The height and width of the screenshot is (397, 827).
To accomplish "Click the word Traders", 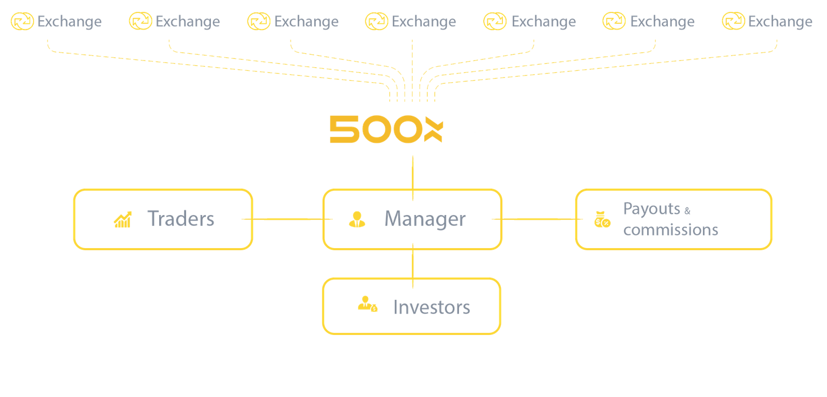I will [181, 219].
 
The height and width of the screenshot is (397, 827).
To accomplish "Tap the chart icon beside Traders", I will [122, 219].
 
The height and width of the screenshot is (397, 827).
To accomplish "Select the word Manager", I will [425, 219].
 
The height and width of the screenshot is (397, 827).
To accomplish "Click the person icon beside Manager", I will [357, 219].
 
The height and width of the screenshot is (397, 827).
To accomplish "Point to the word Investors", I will [431, 307].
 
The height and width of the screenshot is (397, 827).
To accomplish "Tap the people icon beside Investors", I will [367, 304].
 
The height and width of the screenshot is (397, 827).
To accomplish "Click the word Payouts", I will [651, 209].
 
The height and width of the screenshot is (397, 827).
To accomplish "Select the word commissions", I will [670, 230].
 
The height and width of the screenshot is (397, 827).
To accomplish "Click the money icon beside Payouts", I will [602, 219].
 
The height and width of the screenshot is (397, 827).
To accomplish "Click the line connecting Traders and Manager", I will [287, 219].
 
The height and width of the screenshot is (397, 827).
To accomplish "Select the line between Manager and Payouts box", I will [538, 219].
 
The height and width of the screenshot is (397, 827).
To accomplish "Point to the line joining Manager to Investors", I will [412, 264].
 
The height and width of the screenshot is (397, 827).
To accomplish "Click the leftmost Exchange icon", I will [22, 22].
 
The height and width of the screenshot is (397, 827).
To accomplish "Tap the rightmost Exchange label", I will [780, 22].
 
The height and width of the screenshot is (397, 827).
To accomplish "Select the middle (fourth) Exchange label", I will [424, 22].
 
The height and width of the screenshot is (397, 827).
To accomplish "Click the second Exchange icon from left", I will [140, 22].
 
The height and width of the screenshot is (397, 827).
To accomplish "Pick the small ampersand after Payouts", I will [687, 210].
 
